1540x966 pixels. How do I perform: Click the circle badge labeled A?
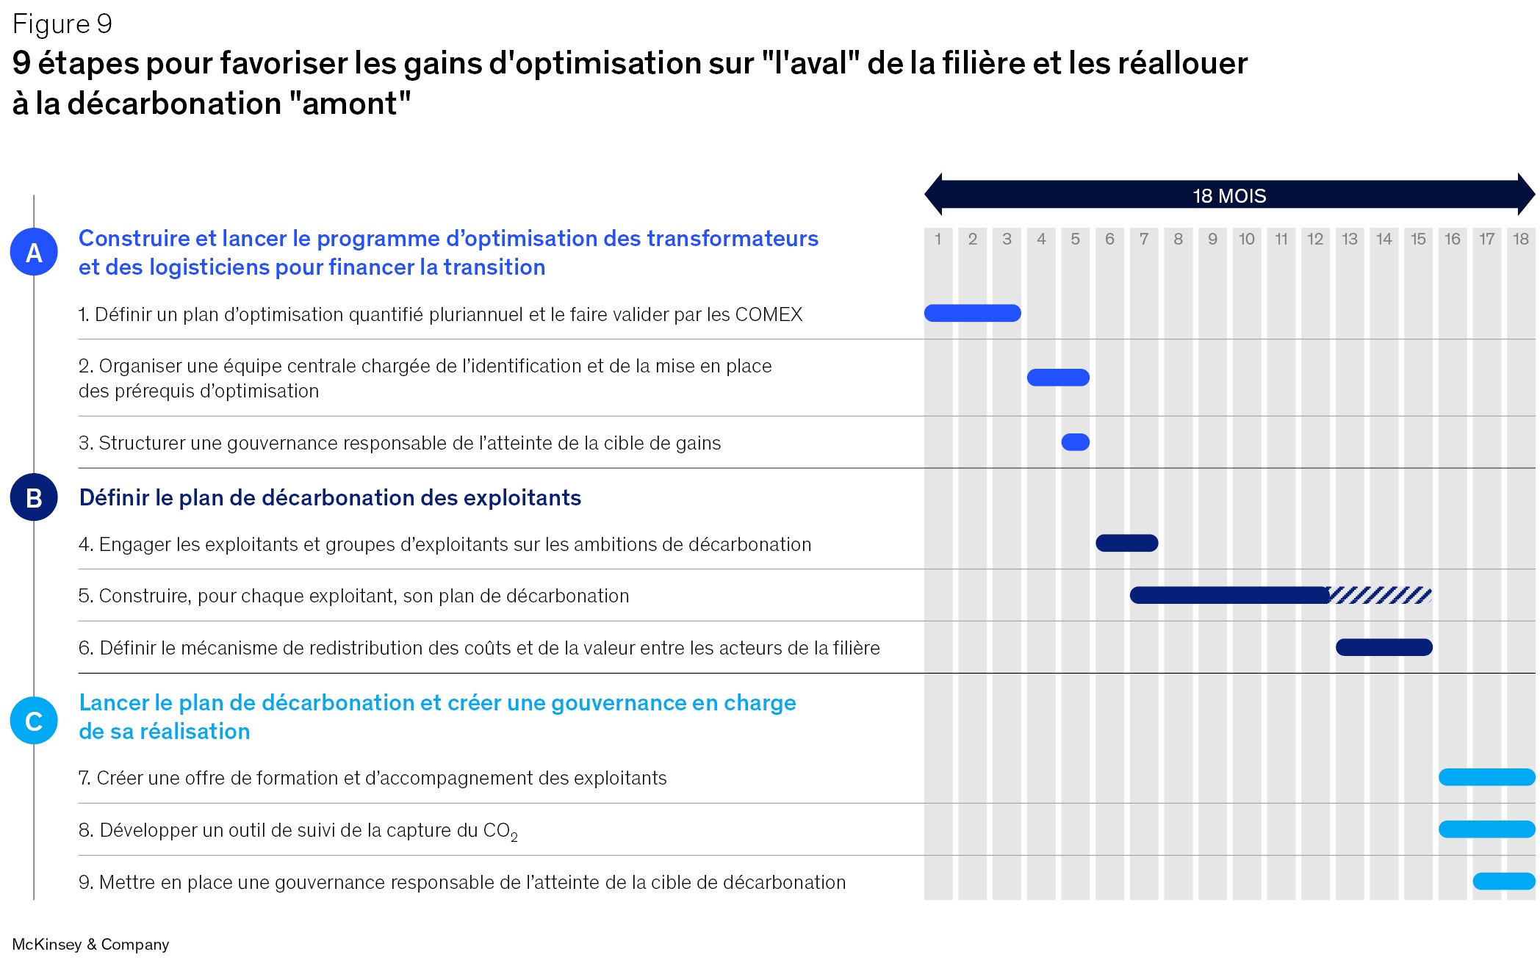(34, 252)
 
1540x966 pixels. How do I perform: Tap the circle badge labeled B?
(34, 497)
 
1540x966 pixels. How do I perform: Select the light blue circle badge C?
(34, 721)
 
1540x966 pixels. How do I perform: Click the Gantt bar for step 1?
(972, 314)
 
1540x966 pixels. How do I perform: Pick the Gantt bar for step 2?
(1058, 378)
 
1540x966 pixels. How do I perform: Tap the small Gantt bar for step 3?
(1075, 442)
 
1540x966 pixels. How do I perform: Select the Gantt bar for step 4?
(1126, 544)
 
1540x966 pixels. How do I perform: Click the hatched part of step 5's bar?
(1380, 595)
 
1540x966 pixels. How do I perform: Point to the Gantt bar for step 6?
(1384, 647)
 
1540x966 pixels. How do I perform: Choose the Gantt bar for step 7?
(1486, 777)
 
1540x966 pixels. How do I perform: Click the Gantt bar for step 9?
(1503, 882)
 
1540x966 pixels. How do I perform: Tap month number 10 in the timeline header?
(1246, 239)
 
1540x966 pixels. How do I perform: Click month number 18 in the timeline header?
(1520, 239)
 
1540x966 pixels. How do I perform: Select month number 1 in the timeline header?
(938, 239)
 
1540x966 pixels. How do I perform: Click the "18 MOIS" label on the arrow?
(1229, 196)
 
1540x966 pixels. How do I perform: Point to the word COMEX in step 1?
(769, 315)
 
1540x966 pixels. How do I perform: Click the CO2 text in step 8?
(500, 831)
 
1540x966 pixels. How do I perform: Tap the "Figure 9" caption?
(62, 24)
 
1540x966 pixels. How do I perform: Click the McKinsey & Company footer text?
(90, 944)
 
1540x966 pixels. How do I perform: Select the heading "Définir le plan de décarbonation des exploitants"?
(330, 498)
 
